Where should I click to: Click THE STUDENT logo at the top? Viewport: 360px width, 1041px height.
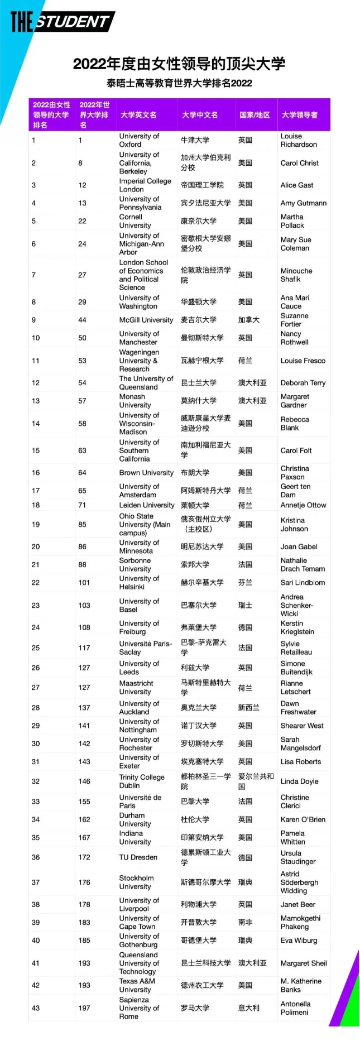click(62, 22)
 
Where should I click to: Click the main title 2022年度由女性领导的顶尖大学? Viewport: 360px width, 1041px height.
click(179, 64)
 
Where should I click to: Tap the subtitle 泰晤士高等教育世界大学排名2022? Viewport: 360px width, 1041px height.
click(179, 83)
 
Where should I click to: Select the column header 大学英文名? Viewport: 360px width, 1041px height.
click(138, 115)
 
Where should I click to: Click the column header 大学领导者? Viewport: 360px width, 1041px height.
click(300, 115)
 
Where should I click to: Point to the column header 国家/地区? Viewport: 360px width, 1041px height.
click(255, 115)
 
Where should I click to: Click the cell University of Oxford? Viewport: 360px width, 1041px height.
click(139, 140)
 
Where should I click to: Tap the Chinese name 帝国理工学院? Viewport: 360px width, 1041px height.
click(202, 185)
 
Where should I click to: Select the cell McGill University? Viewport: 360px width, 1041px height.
click(146, 320)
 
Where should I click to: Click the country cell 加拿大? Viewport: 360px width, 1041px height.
click(249, 320)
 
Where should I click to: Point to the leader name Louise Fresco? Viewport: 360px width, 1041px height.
click(303, 361)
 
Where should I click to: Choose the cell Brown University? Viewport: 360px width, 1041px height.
click(146, 473)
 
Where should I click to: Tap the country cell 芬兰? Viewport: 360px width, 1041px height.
click(246, 582)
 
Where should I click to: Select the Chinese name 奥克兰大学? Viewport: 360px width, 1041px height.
click(199, 708)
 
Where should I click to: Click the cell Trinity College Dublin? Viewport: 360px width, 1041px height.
click(142, 781)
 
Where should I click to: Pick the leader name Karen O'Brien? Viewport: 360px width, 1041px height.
click(303, 819)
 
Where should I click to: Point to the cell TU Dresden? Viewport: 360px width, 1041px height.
click(138, 857)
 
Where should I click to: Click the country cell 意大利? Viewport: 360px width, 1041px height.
click(249, 1008)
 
